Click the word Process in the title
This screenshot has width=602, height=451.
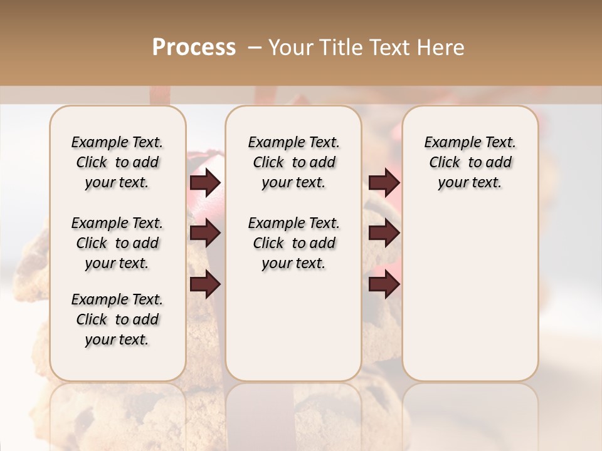coord(194,48)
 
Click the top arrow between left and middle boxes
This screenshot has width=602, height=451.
coord(205,183)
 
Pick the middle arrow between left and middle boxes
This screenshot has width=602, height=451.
coord(205,234)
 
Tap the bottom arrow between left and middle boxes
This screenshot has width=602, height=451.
coord(205,284)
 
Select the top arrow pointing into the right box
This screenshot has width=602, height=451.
coord(384,183)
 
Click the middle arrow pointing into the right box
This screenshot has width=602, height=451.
coord(384,234)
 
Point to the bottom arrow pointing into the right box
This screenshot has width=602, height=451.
coord(384,284)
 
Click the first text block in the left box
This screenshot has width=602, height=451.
coord(117,162)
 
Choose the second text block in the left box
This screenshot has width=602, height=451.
coord(117,243)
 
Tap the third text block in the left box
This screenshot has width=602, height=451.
coord(117,319)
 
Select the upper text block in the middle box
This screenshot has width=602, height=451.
coord(293,162)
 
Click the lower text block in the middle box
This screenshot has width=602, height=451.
coord(293,243)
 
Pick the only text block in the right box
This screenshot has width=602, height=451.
coord(470,162)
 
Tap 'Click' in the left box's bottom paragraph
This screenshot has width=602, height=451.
coord(92,319)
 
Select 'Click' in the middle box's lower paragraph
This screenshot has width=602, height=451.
coord(268,243)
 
